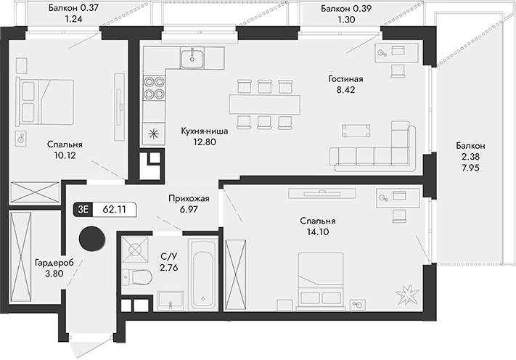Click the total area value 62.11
(114, 209)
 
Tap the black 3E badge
(83, 209)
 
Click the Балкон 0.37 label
(71, 9)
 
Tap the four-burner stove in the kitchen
(154, 86)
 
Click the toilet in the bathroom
(131, 276)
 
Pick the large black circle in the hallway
(91, 237)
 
